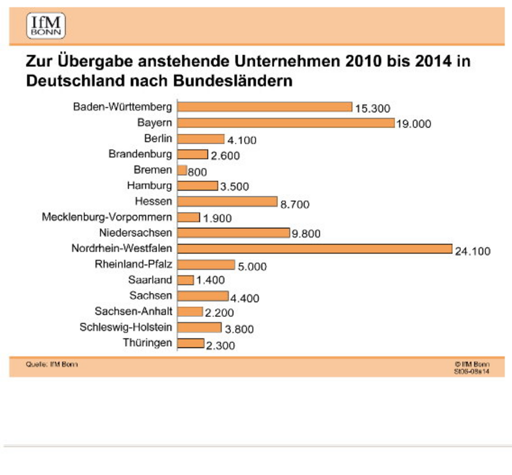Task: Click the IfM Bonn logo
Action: [x=46, y=26]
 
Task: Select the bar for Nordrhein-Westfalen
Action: [x=315, y=249]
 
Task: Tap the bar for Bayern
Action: [x=287, y=123]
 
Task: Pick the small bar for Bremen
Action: [x=183, y=170]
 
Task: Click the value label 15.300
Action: [x=373, y=109]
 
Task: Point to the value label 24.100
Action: [x=473, y=251]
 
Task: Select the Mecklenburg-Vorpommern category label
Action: [x=107, y=217]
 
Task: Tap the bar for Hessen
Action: [x=228, y=201]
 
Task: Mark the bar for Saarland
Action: [x=186, y=280]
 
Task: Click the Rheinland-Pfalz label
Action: [x=133, y=264]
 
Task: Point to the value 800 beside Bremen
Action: [x=198, y=172]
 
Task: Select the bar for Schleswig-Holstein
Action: [x=201, y=327]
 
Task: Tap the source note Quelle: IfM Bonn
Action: [x=52, y=364]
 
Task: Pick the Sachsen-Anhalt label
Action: [x=133, y=311]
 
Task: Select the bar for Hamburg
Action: [x=199, y=186]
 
